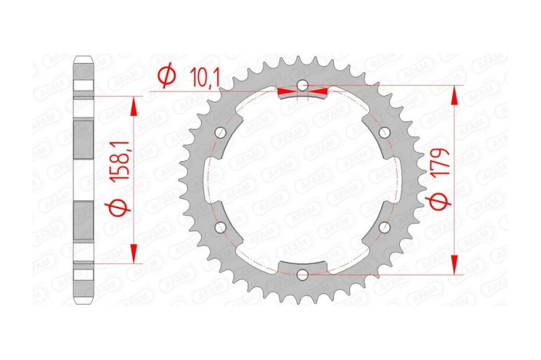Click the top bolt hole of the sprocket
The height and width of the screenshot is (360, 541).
click(302, 84)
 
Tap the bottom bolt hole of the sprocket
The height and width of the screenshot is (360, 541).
click(302, 274)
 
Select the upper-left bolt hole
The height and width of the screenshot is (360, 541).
click(221, 132)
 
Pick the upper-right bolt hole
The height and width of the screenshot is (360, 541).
click(384, 132)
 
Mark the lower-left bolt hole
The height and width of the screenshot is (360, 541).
click(221, 227)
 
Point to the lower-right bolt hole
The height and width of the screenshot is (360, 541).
click(384, 227)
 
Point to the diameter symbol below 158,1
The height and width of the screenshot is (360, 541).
click(119, 206)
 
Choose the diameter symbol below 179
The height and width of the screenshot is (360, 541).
click(440, 201)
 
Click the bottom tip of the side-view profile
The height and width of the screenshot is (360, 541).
click(84, 302)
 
